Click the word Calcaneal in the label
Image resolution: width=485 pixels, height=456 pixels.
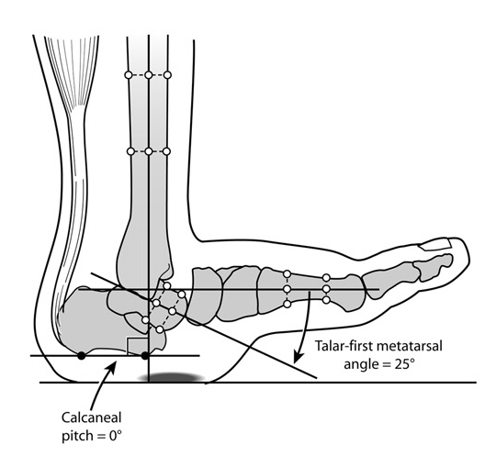pyautogui.click(x=92, y=417)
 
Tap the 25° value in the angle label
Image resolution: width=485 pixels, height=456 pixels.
pyautogui.click(x=404, y=364)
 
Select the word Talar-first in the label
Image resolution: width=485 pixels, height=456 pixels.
pyautogui.click(x=342, y=346)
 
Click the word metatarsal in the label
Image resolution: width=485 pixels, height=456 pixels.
pyautogui.click(x=408, y=346)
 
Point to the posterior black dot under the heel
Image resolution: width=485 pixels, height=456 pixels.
pyautogui.click(x=82, y=356)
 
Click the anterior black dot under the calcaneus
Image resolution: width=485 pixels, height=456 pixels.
pyautogui.click(x=145, y=356)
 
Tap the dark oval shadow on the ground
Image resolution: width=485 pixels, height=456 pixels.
pyautogui.click(x=171, y=377)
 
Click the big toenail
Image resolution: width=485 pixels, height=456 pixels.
pyautogui.click(x=434, y=245)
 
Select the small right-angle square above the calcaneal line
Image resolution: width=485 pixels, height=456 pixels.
pyautogui.click(x=138, y=346)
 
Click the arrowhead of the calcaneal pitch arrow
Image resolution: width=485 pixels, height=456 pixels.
pyautogui.click(x=112, y=367)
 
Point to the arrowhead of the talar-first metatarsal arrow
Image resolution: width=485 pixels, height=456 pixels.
pyautogui.click(x=297, y=358)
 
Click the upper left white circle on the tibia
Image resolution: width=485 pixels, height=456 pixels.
pyautogui.click(x=129, y=74)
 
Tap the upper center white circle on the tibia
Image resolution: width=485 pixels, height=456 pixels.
pyautogui.click(x=149, y=74)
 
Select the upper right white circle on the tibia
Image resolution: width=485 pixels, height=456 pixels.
pyautogui.click(x=167, y=74)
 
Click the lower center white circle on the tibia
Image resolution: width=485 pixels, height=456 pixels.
pyautogui.click(x=149, y=151)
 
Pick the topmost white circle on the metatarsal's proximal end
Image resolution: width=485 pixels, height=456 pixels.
pyautogui.click(x=288, y=274)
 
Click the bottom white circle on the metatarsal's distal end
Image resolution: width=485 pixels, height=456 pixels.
pyautogui.click(x=326, y=300)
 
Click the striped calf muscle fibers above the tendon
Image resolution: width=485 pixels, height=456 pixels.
pyautogui.click(x=72, y=71)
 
